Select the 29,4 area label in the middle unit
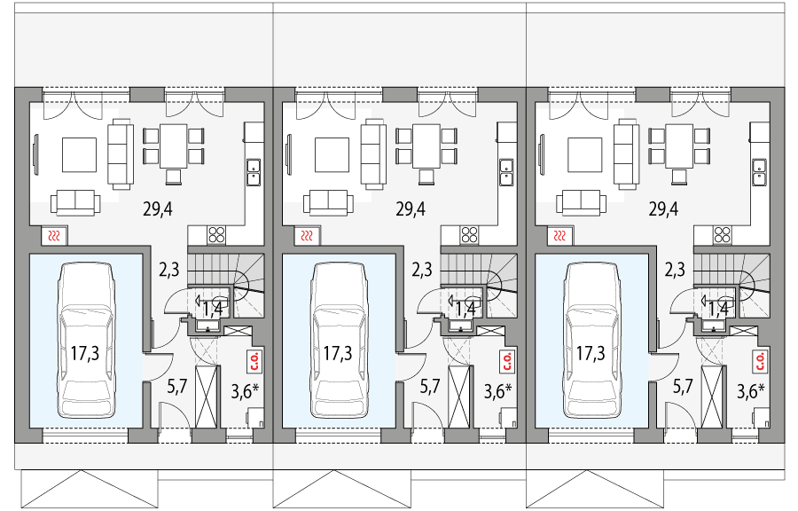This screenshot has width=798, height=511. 411,209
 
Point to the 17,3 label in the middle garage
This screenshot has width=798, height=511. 337,354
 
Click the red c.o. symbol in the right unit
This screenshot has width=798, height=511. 760,361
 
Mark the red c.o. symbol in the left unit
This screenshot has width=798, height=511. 254,361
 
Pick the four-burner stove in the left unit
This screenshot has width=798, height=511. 217,235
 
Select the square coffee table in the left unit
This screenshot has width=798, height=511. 79,153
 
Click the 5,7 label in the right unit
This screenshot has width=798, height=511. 683,386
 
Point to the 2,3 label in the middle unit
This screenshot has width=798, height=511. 422,269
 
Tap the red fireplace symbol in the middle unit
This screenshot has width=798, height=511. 307,236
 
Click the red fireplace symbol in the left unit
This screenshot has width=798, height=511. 54,236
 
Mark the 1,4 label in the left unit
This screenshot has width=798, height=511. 213,309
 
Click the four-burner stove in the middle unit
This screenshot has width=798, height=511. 470,235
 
